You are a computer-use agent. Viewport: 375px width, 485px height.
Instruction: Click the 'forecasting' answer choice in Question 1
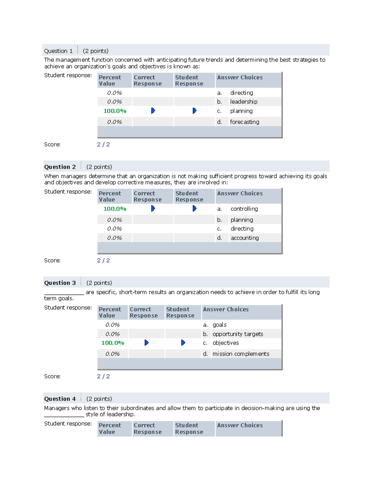244,122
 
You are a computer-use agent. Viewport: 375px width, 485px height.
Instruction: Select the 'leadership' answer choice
244,101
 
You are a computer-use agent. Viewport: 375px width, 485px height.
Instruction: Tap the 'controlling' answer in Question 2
244,209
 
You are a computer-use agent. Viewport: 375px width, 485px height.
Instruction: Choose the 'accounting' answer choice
245,238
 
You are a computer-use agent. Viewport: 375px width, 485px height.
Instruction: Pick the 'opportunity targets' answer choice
237,334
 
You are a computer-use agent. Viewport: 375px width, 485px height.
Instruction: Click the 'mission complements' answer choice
241,354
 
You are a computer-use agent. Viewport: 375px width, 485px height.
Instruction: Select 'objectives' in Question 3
226,343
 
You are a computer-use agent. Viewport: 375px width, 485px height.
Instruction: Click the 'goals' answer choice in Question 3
219,325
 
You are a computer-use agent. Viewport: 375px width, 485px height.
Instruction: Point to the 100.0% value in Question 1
115,111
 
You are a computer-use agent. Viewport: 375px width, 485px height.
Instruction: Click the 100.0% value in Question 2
115,209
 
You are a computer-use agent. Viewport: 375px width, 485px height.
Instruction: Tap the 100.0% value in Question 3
112,343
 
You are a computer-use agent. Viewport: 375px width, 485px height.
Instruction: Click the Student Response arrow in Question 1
194,111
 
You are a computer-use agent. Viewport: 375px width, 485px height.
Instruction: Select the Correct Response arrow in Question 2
153,208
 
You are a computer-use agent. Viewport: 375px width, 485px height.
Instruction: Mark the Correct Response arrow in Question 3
146,343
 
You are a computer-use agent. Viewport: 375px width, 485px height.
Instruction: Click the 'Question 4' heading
60,399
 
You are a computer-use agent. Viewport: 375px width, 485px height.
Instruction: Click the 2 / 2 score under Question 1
103,144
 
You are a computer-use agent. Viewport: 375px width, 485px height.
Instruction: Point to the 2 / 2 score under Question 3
103,376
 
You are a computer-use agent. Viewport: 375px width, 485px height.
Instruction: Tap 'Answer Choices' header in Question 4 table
240,425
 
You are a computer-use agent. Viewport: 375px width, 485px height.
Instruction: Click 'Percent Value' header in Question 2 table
110,196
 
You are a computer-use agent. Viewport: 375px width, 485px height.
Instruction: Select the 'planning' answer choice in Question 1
241,111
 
